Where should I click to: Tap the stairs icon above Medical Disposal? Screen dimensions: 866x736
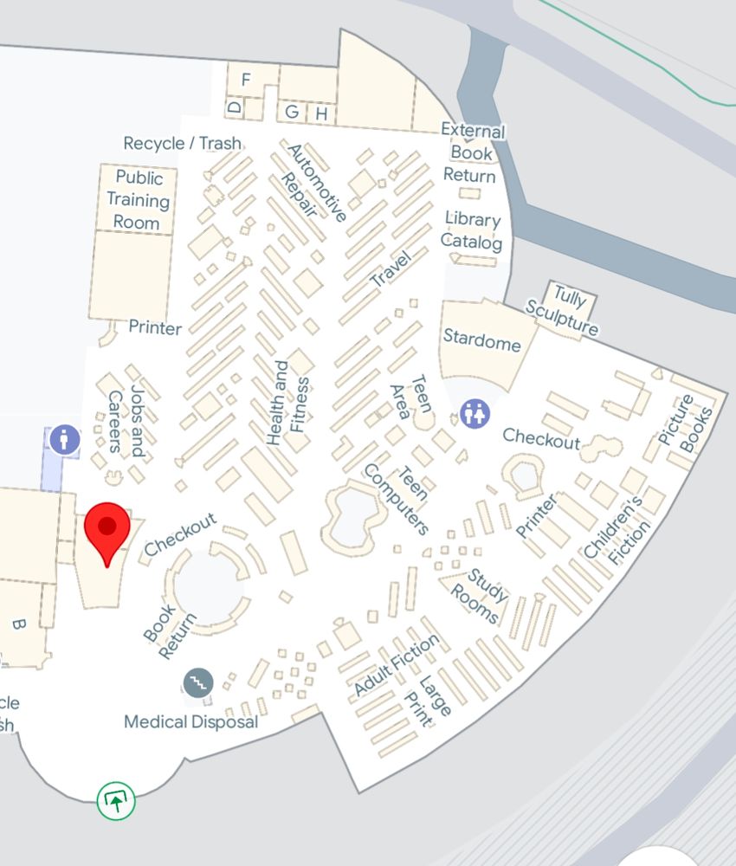pos(199,682)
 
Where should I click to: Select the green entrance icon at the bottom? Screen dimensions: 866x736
pos(116,801)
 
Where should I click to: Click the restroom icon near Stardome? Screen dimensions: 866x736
pos(475,413)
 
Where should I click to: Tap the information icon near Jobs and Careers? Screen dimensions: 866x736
pos(65,439)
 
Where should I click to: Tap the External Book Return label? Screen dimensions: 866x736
pos(471,153)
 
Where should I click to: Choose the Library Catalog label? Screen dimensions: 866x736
pos(472,230)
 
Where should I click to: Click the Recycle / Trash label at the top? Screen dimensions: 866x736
pos(182,143)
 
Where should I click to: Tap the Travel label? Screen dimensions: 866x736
pos(389,268)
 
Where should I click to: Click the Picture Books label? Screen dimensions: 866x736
pos(685,423)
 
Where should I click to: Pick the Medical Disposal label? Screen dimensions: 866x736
pos(190,721)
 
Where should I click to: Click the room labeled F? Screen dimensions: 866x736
pos(246,80)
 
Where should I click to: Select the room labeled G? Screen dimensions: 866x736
pos(292,112)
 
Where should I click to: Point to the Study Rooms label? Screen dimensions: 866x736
pos(481,596)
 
